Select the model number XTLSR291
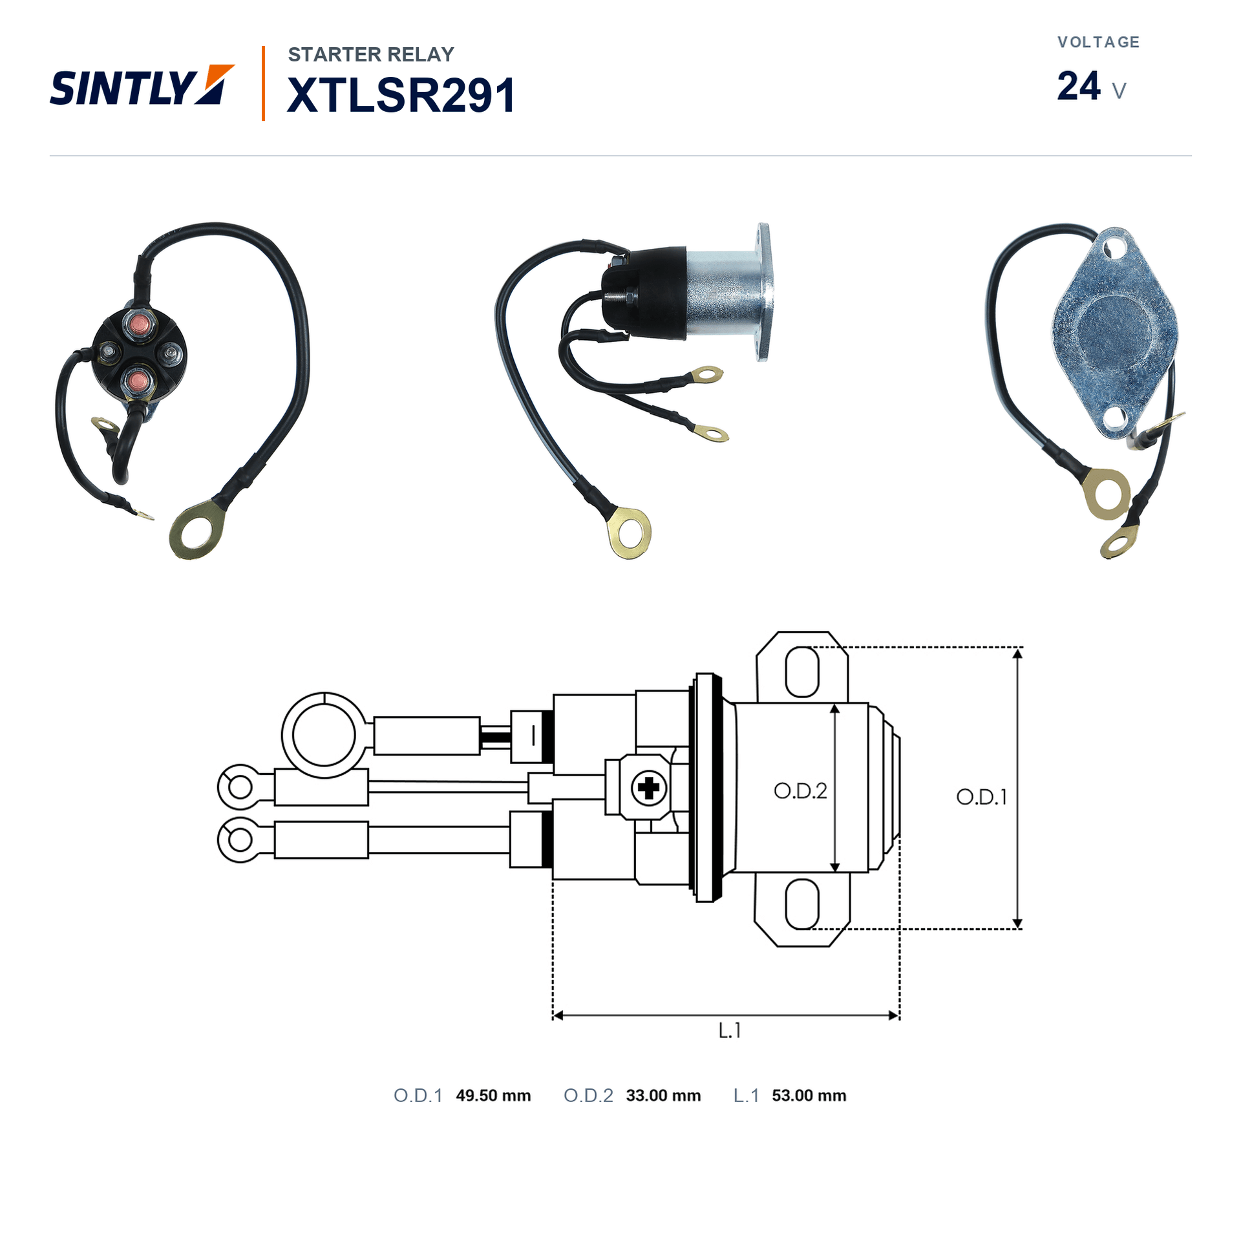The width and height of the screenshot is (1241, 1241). [x=401, y=95]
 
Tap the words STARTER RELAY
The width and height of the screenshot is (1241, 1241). [x=371, y=54]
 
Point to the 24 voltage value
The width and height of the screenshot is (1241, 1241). [x=1078, y=86]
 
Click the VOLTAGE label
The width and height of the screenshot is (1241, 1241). [x=1098, y=42]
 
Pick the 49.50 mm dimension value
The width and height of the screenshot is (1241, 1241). [x=493, y=1096]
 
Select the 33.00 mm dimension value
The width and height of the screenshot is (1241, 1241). [x=663, y=1096]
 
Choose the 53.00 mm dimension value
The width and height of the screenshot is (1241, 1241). [x=809, y=1096]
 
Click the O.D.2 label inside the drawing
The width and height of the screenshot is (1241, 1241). [x=800, y=791]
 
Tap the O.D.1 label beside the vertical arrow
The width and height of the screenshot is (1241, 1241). [x=981, y=797]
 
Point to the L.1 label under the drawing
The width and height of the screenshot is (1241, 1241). [x=730, y=1030]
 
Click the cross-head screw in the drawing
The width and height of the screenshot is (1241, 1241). [x=648, y=788]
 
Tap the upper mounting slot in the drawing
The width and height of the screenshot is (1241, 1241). [x=801, y=672]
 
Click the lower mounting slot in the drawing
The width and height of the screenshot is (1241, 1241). [x=801, y=904]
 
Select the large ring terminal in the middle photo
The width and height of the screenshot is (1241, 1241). [x=629, y=533]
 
